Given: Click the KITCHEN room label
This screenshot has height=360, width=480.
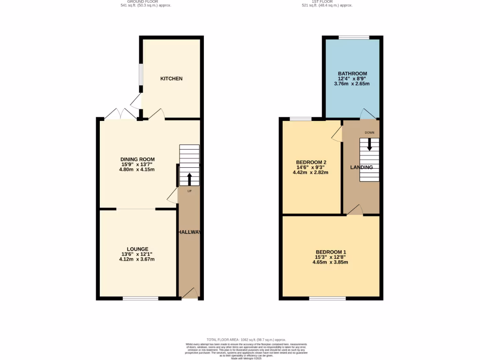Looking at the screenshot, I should (171, 79).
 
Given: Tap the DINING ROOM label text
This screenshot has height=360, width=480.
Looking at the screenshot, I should (137, 159).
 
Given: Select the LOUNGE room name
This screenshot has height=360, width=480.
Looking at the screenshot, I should (137, 249).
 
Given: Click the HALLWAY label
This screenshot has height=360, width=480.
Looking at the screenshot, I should (189, 232).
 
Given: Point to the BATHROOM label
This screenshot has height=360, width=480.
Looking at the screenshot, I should (352, 74).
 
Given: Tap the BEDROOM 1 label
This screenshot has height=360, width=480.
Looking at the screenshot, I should (331, 251).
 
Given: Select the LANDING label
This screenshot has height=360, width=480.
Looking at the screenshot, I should (362, 167).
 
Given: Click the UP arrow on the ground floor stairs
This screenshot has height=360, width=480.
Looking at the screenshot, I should (189, 179).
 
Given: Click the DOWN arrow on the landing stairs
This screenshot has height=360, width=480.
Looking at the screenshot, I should (369, 144).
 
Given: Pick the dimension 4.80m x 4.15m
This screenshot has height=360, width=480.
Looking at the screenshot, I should (137, 170).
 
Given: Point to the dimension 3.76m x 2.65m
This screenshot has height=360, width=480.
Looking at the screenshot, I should (352, 84).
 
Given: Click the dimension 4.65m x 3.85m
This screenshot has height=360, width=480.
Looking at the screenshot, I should (331, 262).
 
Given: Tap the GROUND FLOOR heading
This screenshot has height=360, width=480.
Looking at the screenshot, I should (139, 1).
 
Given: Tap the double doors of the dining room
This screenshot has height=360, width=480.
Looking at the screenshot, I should (121, 114).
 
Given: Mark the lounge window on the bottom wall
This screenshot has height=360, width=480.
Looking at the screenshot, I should (141, 298).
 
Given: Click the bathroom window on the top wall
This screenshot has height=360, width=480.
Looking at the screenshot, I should (353, 37).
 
